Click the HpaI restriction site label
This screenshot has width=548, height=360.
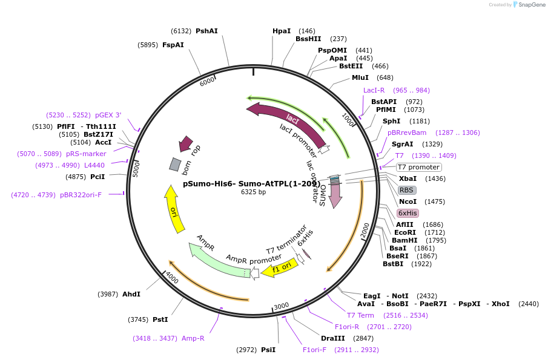[282, 31]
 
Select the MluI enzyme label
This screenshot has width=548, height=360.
[360, 77]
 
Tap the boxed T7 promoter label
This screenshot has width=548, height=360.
[418, 167]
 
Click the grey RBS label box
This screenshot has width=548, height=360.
[407, 190]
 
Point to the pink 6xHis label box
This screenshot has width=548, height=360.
[408, 213]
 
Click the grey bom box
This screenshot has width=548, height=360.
[174, 164]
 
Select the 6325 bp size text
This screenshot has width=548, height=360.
[253, 192]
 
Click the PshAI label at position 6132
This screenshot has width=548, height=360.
[206, 31]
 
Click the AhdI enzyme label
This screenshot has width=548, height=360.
[131, 294]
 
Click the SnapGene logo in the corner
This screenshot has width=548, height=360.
[529, 5]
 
